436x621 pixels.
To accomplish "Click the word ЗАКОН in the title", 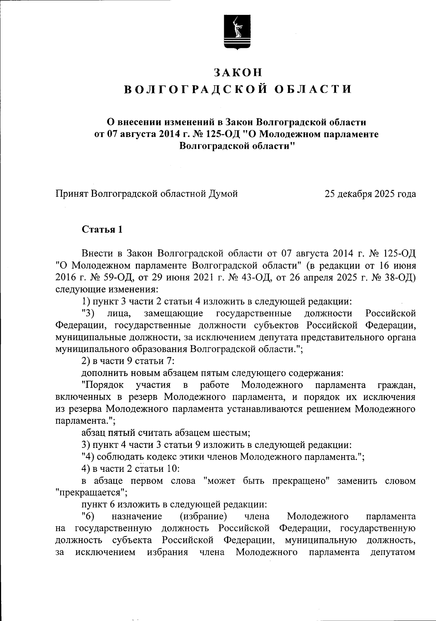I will pos(238,72).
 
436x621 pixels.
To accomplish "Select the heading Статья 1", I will pos(102,230).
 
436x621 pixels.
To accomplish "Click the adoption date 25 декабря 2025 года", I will pos(370,194).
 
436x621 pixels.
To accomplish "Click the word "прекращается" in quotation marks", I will pos(91,493).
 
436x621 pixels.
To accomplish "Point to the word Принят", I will pos(72,194).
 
